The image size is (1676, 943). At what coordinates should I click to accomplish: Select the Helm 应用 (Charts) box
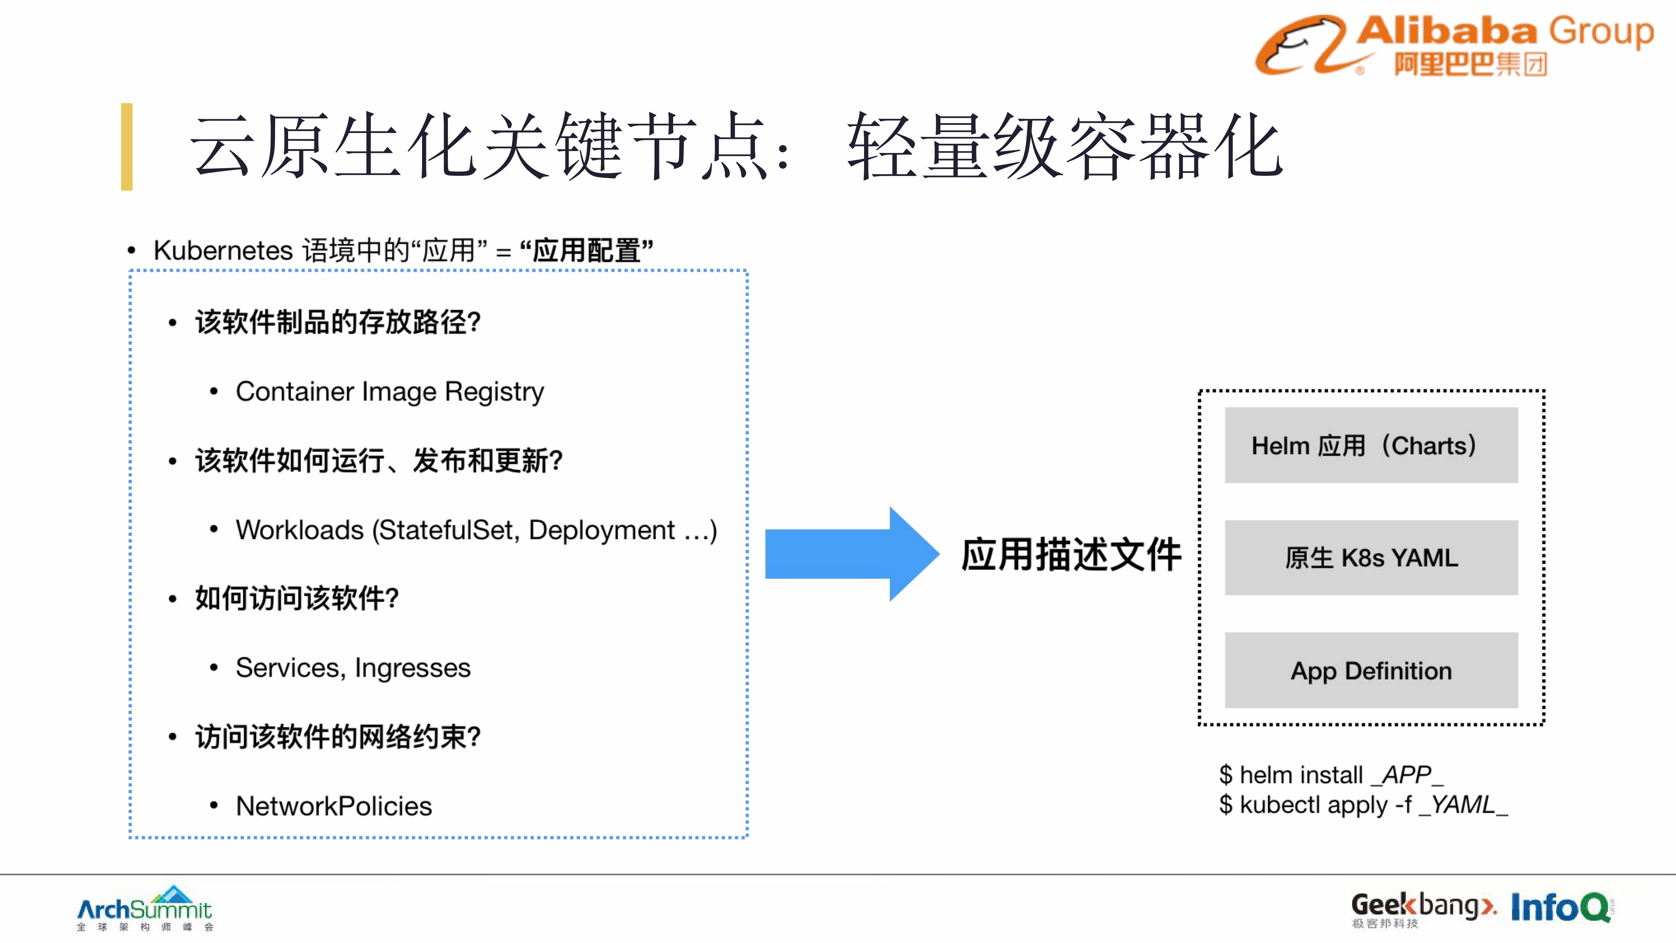[1371, 445]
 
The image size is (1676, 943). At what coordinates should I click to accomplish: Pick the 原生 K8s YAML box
[1371, 558]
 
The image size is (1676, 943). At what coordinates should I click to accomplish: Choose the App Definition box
[1371, 670]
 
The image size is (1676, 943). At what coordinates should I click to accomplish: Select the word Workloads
[299, 530]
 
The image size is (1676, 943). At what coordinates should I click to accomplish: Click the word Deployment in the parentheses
[601, 530]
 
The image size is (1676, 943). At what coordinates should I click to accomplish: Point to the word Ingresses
[413, 668]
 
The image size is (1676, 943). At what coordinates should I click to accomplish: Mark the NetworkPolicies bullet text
[334, 806]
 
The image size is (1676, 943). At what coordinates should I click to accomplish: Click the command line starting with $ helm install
[1331, 774]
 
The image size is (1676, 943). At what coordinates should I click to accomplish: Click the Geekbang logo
[1423, 908]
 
